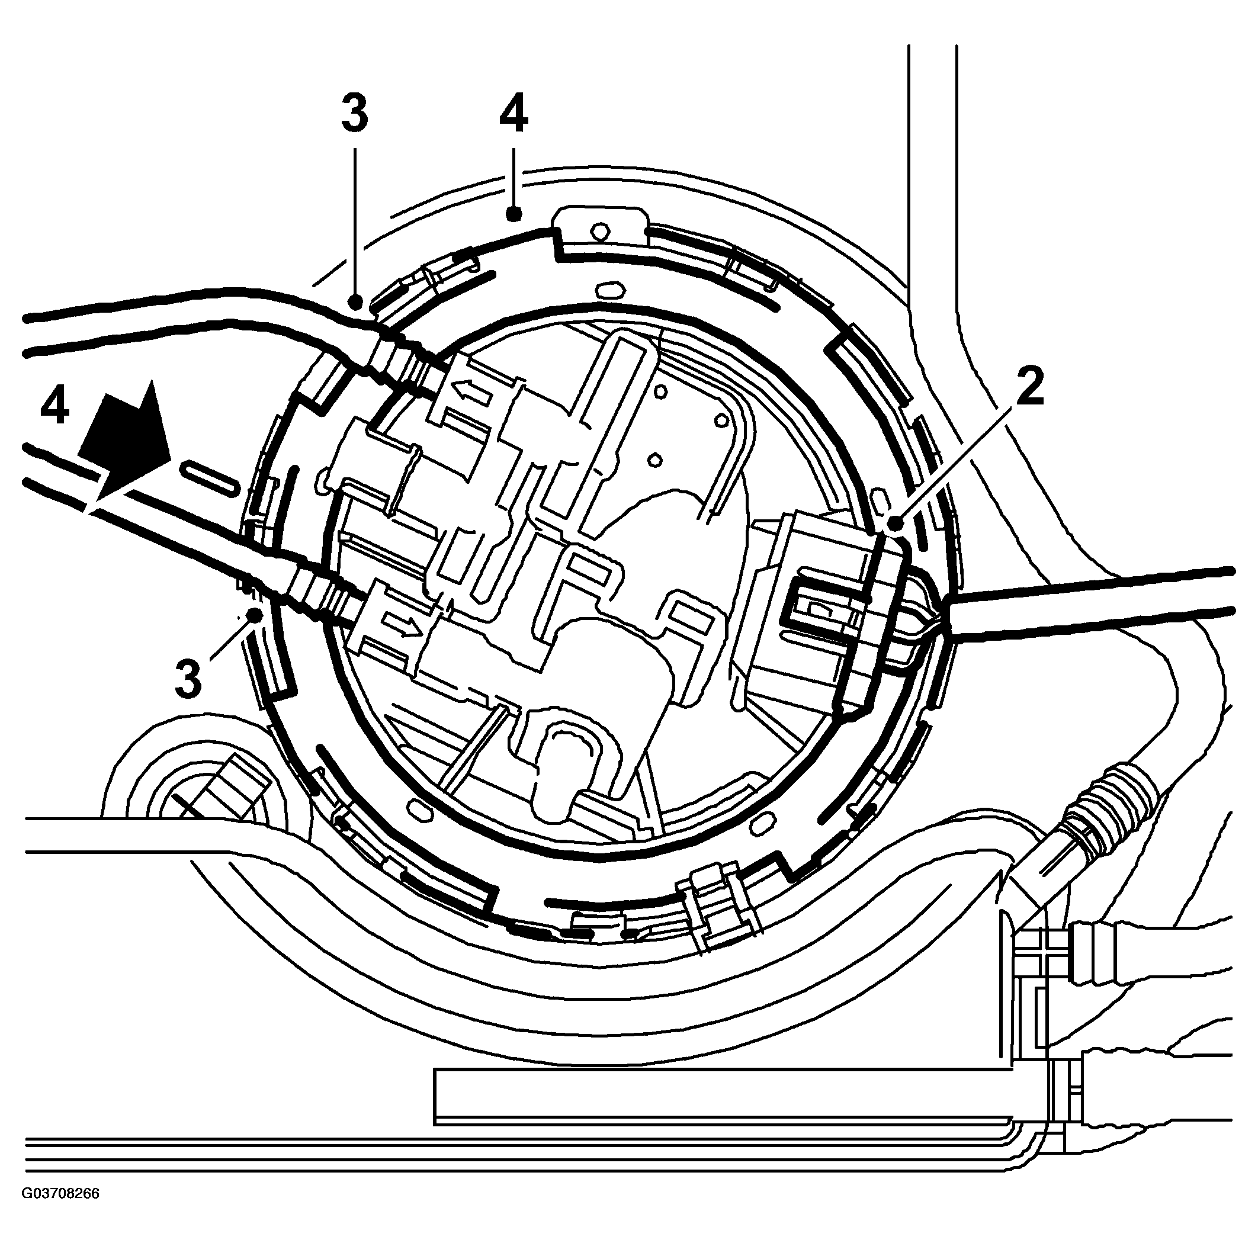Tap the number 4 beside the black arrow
pyautogui.click(x=54, y=407)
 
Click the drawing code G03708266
pyautogui.click(x=60, y=1212)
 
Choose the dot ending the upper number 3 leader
pyautogui.click(x=355, y=301)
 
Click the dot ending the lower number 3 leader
pyautogui.click(x=255, y=614)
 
